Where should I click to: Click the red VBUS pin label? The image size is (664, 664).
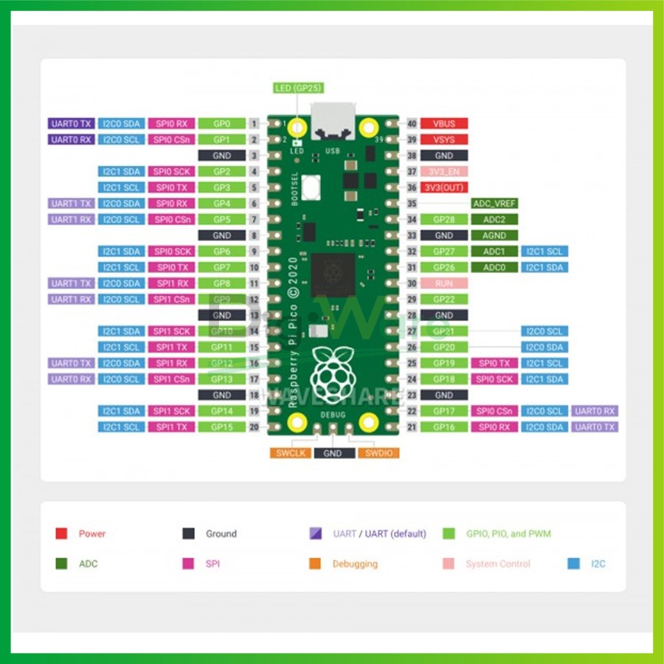coord(444,124)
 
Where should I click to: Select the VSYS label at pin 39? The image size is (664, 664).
coord(444,139)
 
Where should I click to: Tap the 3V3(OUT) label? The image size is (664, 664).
coord(444,187)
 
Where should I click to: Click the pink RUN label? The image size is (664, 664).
coord(444,283)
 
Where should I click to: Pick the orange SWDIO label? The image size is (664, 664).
coord(378,453)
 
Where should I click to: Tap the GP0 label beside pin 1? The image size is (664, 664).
coord(222,124)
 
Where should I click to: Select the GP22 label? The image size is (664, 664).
coord(444,300)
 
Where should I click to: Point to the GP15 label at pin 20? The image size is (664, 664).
coord(222,427)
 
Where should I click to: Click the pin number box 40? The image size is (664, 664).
coord(412,124)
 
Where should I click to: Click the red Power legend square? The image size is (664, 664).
coord(62,533)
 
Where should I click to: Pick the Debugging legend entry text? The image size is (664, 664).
coord(354,564)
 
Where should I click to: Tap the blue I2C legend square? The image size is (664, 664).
coord(574,564)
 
